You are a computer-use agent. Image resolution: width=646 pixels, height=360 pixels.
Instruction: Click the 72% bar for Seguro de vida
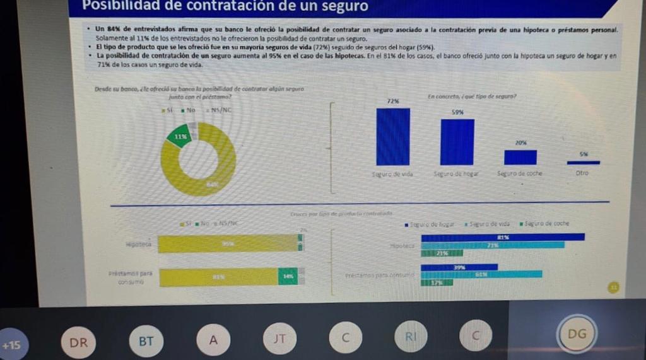[x=393, y=137]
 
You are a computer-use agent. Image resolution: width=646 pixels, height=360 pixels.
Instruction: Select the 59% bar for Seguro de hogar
[x=457, y=142]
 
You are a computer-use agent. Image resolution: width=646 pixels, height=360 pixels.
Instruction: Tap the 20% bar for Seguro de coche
[x=520, y=157]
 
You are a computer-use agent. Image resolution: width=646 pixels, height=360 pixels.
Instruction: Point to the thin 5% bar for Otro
[x=584, y=163]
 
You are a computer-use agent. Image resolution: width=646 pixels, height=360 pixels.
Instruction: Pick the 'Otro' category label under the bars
[x=582, y=173]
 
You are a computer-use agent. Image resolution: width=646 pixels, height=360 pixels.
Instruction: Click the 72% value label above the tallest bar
[x=392, y=101]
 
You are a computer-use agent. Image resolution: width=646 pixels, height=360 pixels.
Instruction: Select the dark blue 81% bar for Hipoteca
[x=502, y=237]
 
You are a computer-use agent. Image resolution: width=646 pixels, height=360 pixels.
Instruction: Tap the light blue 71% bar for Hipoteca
[x=493, y=245]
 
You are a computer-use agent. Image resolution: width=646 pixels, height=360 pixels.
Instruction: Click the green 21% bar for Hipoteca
[x=442, y=253]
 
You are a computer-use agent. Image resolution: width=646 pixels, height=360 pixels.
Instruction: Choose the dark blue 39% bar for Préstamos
[x=459, y=267]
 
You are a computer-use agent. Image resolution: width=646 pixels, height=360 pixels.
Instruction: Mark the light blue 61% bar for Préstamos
[x=481, y=274]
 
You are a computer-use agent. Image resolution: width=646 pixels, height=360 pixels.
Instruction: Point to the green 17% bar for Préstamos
[x=437, y=282]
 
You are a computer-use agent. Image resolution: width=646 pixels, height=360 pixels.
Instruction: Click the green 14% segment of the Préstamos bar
[x=288, y=277]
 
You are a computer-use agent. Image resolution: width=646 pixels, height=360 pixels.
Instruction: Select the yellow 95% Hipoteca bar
[x=227, y=243]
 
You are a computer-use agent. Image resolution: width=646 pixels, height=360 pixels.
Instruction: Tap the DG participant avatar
[x=577, y=334]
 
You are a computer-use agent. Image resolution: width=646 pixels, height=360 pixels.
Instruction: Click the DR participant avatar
[x=79, y=342]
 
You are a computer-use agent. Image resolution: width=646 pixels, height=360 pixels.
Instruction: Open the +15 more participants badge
[x=11, y=345]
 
